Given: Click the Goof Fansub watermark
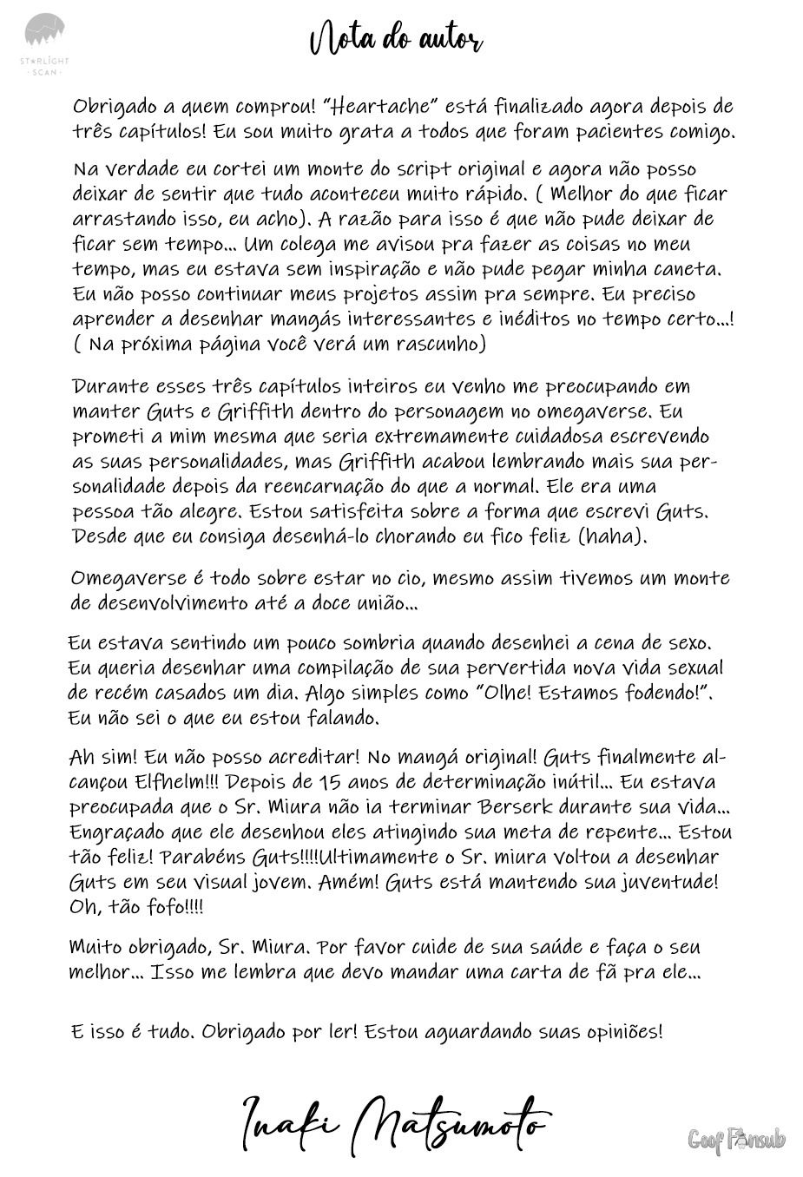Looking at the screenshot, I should (x=736, y=1139).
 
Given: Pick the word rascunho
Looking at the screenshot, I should (x=441, y=344).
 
